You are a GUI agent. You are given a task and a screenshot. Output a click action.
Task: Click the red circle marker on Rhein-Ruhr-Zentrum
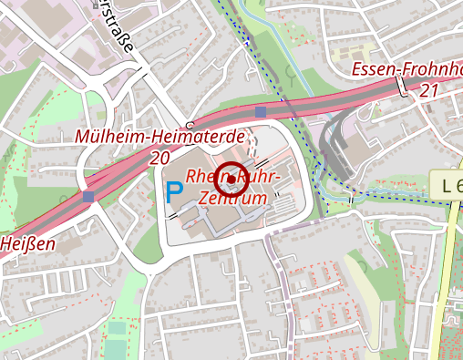pos(232,178)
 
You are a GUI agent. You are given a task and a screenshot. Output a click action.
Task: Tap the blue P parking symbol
pos(173,191)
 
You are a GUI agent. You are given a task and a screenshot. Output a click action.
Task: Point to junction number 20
pos(160,158)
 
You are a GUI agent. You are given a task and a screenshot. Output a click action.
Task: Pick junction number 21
pos(430,91)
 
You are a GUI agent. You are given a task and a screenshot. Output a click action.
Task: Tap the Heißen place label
pos(27,243)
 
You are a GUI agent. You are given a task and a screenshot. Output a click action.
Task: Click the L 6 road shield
pos(448,186)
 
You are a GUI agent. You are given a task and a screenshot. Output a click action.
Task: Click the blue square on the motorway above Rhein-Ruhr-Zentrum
pos(261,112)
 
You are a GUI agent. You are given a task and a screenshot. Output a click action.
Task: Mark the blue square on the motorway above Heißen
pos(88,196)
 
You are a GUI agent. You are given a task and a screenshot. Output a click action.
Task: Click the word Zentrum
pos(232,197)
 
